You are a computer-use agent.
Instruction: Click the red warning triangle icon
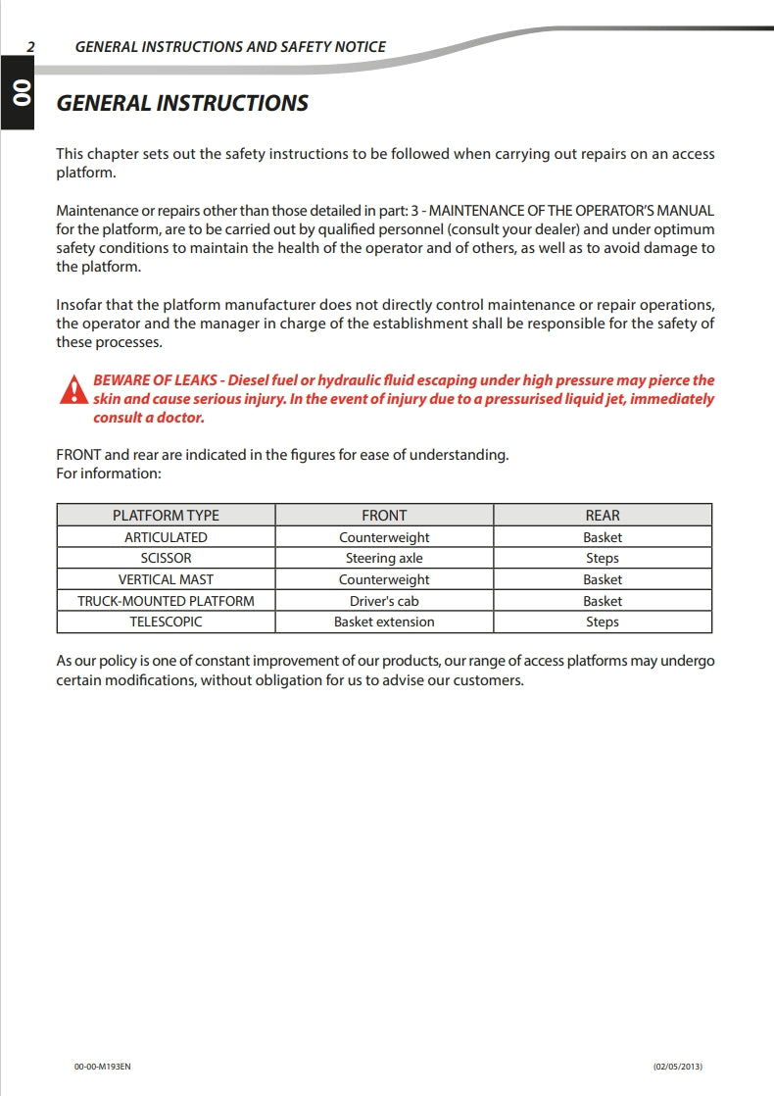click(73, 390)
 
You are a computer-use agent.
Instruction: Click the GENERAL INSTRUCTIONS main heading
click(182, 103)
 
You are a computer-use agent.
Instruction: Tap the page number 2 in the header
click(31, 46)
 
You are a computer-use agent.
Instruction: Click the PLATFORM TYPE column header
click(166, 515)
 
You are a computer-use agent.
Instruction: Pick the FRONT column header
click(384, 515)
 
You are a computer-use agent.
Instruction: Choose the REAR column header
click(603, 515)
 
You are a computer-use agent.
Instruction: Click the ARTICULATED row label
click(166, 537)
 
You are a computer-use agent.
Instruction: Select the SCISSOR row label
click(166, 559)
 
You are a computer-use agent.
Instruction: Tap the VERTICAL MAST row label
click(166, 579)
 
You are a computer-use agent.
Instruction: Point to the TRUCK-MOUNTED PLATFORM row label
click(166, 601)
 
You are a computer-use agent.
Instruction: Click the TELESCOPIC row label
click(166, 622)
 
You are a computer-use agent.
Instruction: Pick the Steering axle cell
click(384, 559)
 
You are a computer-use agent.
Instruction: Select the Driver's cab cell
click(384, 601)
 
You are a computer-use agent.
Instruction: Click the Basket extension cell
click(384, 622)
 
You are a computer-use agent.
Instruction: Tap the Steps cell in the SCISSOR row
click(603, 559)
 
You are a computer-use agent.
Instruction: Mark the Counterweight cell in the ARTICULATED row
click(384, 537)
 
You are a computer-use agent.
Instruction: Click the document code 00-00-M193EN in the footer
click(102, 1067)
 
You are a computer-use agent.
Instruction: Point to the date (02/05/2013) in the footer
click(678, 1067)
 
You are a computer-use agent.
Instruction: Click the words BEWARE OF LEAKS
click(157, 380)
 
